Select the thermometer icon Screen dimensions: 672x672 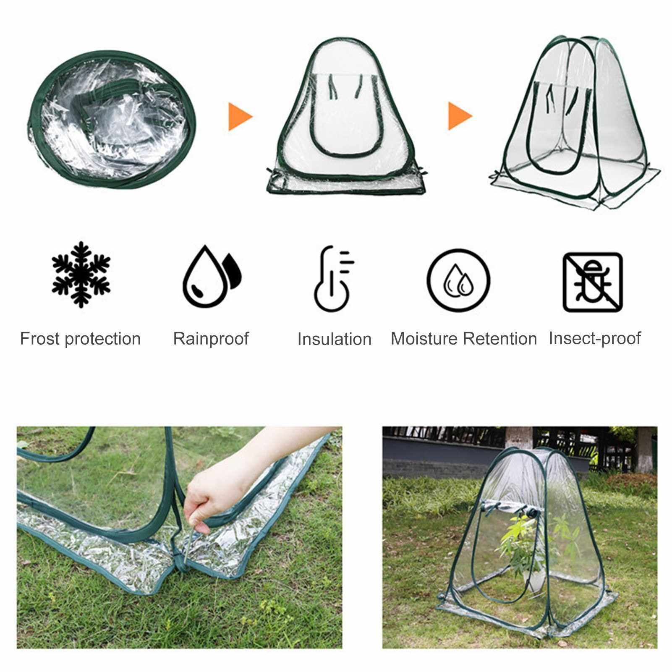click(x=334, y=279)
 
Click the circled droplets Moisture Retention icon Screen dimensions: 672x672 click(x=459, y=280)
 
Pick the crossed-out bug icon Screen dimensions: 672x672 click(x=593, y=282)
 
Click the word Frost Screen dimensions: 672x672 click(x=40, y=339)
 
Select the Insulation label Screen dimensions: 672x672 click(x=335, y=339)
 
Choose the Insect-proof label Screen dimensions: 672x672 click(x=595, y=339)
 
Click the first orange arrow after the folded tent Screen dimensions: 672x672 click(x=241, y=116)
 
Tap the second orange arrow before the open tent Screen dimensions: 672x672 click(x=460, y=116)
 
